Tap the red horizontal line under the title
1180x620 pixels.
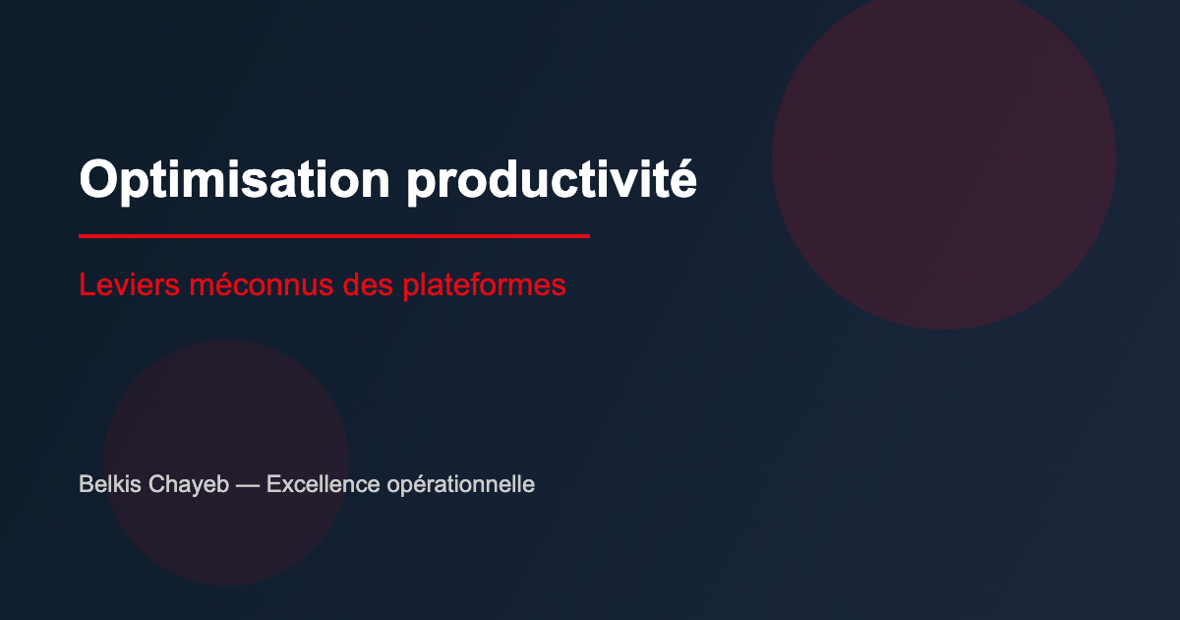coord(333,236)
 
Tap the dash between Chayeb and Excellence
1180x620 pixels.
coord(248,485)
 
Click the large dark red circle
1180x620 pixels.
coord(944,157)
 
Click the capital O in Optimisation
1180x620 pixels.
coord(96,180)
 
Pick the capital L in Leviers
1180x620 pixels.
coord(86,285)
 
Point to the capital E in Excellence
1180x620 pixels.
coord(273,484)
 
